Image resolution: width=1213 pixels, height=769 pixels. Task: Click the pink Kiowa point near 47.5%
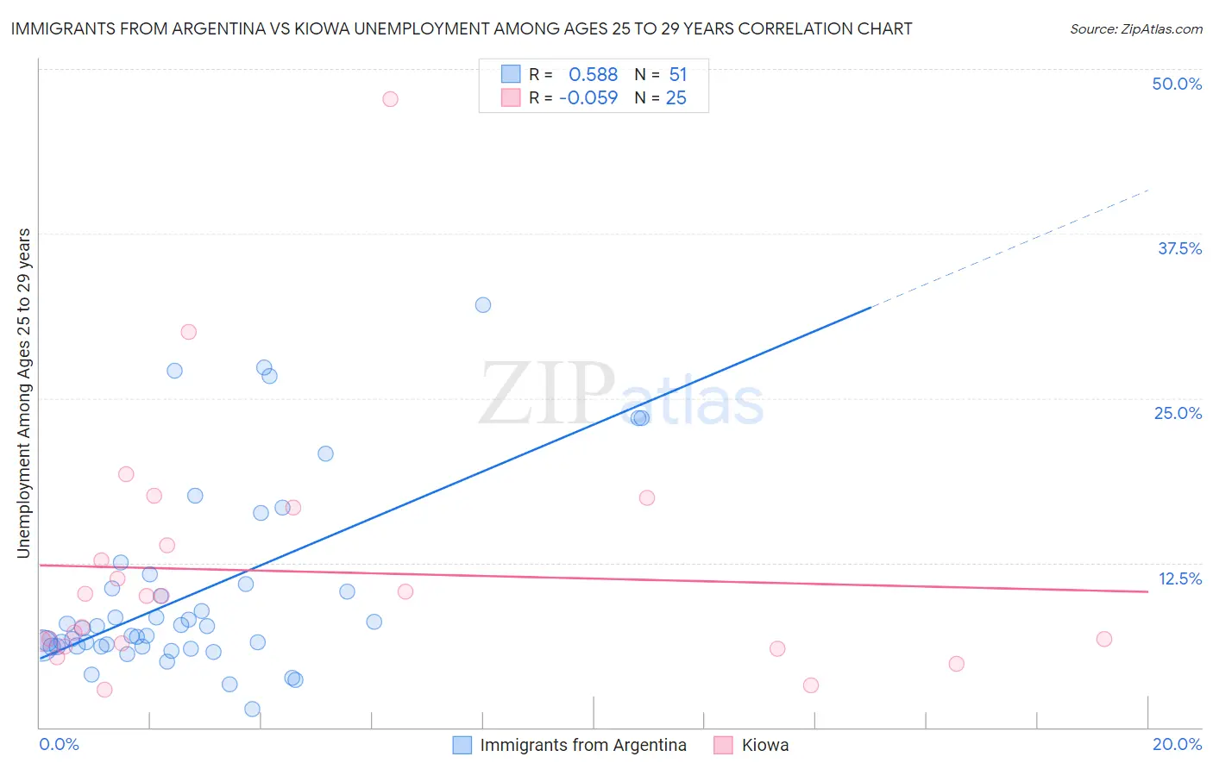click(x=390, y=99)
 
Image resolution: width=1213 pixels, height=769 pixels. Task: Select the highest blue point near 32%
click(x=483, y=305)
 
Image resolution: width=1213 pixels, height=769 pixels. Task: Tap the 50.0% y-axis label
click(x=1177, y=84)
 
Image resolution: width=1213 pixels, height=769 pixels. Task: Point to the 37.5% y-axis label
click(x=1179, y=248)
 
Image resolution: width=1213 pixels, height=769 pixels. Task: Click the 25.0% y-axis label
click(x=1178, y=413)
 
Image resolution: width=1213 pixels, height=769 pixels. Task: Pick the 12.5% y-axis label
click(x=1179, y=578)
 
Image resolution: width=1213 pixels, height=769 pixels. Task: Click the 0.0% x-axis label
click(x=59, y=744)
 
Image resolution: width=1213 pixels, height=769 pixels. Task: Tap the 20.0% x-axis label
click(x=1177, y=744)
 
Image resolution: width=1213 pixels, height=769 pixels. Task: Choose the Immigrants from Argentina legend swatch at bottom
click(x=462, y=745)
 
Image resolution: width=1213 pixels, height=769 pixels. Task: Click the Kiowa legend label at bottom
click(x=765, y=745)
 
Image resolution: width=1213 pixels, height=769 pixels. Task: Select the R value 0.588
click(x=593, y=75)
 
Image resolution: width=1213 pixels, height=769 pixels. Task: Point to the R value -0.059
click(x=588, y=98)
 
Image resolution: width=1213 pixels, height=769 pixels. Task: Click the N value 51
click(x=678, y=75)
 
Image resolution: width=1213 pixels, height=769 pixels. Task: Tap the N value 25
click(x=676, y=98)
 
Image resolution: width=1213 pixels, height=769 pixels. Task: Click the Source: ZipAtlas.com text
click(x=1135, y=29)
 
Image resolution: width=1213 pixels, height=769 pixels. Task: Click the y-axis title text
click(x=23, y=393)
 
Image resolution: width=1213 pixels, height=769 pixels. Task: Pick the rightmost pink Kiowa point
click(x=1104, y=639)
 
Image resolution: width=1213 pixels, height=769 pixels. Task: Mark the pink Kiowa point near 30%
click(x=189, y=332)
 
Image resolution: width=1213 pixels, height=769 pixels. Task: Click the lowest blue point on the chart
click(x=253, y=710)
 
